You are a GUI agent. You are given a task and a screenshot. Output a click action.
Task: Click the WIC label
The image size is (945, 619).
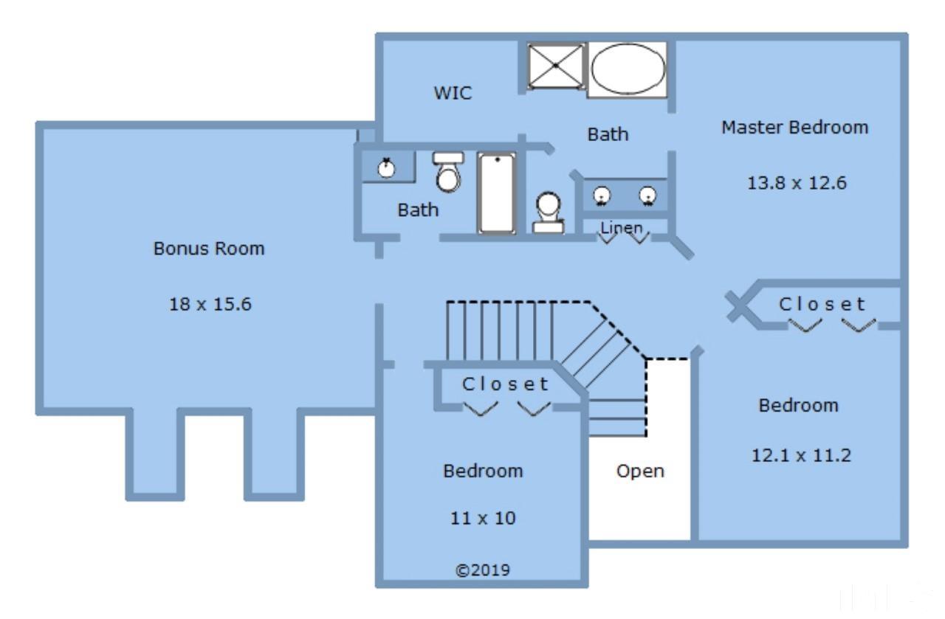pos(453,93)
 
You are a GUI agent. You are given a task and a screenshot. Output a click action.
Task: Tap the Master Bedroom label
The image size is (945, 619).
pos(795,128)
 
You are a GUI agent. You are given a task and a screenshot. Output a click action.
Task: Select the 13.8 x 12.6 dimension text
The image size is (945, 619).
pos(797,183)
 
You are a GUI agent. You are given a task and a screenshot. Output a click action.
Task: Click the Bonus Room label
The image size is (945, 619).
pos(209,249)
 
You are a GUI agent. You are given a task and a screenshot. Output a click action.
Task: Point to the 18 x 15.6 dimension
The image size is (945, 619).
pos(210,304)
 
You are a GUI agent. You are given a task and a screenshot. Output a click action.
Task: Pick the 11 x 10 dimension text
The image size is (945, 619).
pos(483,518)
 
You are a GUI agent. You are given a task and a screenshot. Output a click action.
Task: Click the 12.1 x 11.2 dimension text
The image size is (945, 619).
pos(801,455)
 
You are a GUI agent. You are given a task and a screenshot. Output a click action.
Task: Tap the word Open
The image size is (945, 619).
pos(640,471)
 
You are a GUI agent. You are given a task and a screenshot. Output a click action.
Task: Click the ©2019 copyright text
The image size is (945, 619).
pos(483,570)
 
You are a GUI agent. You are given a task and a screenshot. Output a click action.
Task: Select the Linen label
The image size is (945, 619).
pos(622,228)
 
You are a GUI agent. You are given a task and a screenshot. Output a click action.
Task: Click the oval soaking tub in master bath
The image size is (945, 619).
pos(628,69)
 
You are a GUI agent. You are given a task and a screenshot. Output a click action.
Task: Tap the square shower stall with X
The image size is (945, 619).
pos(556,66)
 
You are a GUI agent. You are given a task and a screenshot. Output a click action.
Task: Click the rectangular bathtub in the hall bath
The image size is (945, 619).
pos(497,193)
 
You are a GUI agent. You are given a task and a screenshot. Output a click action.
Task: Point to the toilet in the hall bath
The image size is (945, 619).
pos(448,172)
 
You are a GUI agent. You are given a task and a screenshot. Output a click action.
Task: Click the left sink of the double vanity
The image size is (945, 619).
pos(602,196)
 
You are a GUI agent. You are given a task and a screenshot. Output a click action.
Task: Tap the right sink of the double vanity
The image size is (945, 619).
pos(647,196)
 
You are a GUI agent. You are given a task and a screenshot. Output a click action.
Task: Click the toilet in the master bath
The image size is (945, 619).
pos(549,212)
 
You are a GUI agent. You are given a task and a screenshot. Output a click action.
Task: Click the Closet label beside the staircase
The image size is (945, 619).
pos(506,384)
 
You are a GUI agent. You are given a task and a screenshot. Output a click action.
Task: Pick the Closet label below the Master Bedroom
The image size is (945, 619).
pos(822,304)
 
